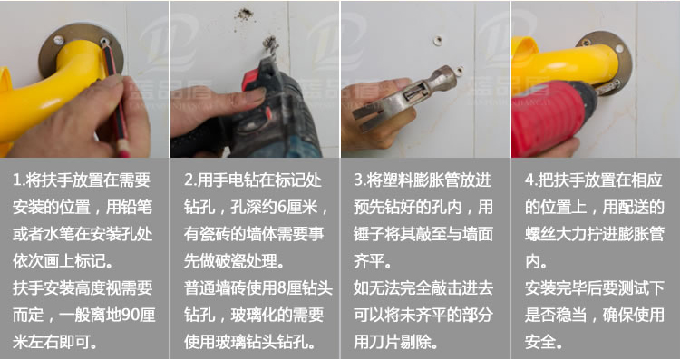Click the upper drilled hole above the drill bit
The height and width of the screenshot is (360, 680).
[x=243, y=14]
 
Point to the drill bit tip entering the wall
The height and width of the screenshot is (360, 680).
[x=269, y=45]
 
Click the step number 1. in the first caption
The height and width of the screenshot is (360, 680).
[x=19, y=180]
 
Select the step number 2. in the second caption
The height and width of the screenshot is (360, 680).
[x=189, y=180]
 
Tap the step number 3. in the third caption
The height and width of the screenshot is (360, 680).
[x=360, y=180]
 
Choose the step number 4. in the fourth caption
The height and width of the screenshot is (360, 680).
[x=530, y=180]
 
